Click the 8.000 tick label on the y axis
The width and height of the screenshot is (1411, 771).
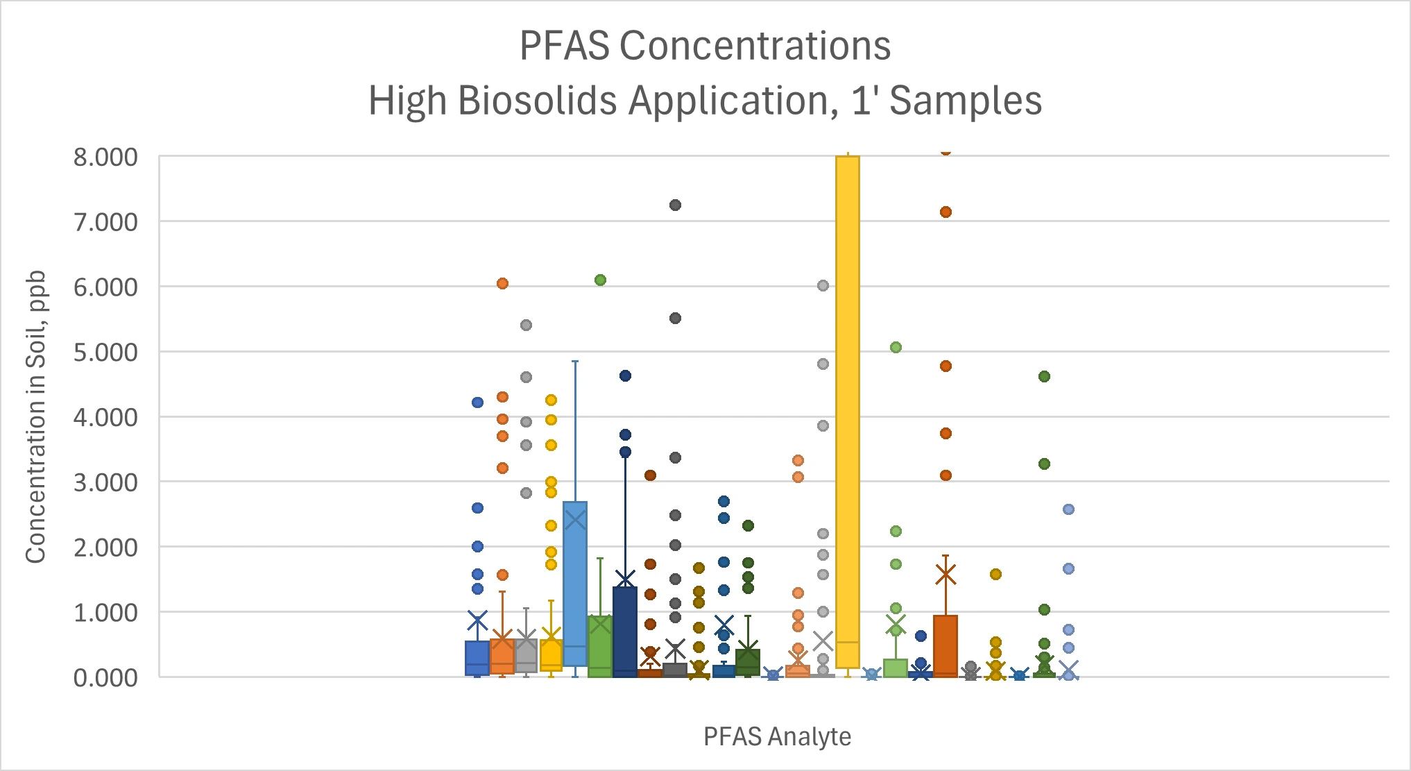pyautogui.click(x=105, y=158)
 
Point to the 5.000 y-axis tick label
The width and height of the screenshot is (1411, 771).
pyautogui.click(x=105, y=353)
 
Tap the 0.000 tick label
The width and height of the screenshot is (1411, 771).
pyautogui.click(x=105, y=678)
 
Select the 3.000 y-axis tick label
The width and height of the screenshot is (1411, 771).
pyautogui.click(x=105, y=482)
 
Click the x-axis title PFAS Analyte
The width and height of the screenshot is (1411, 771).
pyautogui.click(x=777, y=736)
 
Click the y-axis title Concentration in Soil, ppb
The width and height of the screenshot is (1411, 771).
pyautogui.click(x=36, y=416)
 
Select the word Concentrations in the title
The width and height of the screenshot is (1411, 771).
pyautogui.click(x=755, y=46)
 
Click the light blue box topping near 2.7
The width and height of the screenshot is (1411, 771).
pyautogui.click(x=575, y=583)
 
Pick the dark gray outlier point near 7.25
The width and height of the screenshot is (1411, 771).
pyautogui.click(x=675, y=205)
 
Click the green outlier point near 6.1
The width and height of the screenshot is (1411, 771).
pyautogui.click(x=600, y=280)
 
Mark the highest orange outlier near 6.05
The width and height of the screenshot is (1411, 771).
pyautogui.click(x=502, y=283)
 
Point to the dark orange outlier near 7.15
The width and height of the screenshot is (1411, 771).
pyautogui.click(x=946, y=212)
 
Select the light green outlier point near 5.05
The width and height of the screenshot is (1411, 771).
pyautogui.click(x=896, y=347)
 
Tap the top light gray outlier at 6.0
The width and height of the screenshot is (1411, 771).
pyautogui.click(x=823, y=285)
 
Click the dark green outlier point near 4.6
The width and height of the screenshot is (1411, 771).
pyautogui.click(x=1044, y=376)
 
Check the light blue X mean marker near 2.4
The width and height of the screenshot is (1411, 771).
pyautogui.click(x=575, y=519)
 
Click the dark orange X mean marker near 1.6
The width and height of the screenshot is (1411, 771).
pyautogui.click(x=946, y=574)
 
